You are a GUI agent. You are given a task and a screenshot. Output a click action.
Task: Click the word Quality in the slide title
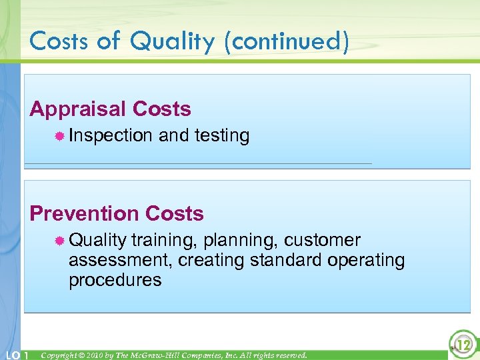(x=173, y=41)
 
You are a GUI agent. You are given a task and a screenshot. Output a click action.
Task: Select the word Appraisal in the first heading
(x=79, y=109)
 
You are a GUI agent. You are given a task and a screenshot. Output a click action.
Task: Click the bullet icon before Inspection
(x=59, y=136)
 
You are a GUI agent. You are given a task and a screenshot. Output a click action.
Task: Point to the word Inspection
(x=111, y=136)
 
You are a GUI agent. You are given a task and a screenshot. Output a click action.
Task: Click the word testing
(x=222, y=136)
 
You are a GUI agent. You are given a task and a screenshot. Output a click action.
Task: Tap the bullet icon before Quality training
(x=59, y=241)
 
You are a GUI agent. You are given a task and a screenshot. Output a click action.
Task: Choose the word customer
(x=324, y=240)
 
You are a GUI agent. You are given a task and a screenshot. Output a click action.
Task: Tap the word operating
(x=366, y=260)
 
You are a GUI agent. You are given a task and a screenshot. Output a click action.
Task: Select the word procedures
(x=115, y=280)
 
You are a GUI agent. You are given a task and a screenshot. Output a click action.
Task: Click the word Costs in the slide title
(x=59, y=41)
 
